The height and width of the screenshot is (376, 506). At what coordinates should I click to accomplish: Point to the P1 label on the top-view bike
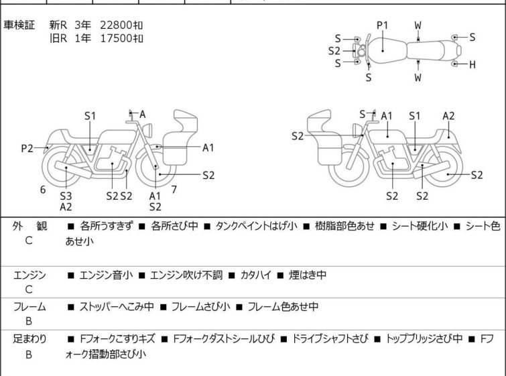[382, 25]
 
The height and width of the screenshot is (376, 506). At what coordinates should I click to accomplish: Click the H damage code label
[472, 64]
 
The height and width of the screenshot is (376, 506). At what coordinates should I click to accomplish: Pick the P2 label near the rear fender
[27, 148]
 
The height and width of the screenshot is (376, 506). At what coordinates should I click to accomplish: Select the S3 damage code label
[66, 196]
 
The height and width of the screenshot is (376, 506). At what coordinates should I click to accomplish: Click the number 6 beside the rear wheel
[43, 190]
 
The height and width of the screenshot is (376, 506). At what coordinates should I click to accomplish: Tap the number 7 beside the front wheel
[174, 189]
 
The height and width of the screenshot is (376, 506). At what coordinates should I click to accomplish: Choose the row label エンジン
[29, 275]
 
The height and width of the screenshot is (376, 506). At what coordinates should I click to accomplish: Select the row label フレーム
[29, 307]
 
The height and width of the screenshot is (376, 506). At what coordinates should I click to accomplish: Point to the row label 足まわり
[29, 339]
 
